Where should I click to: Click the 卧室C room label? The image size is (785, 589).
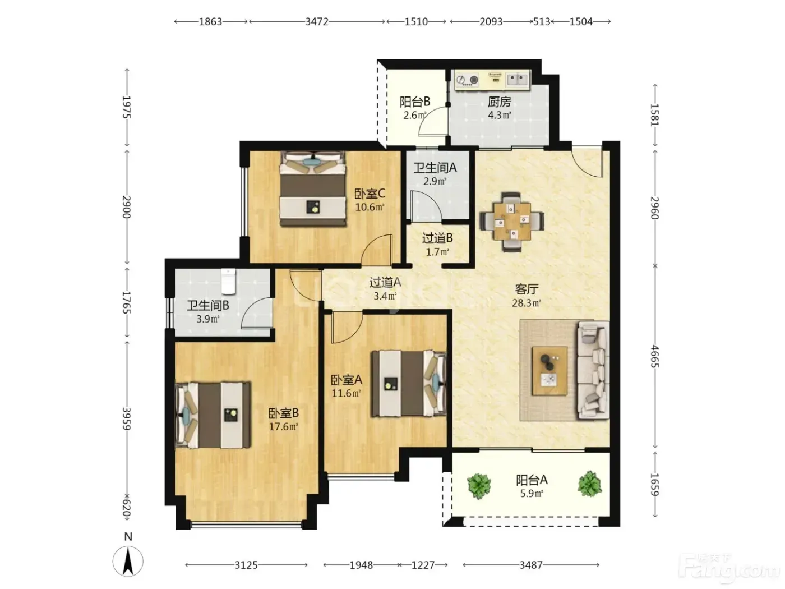tap(369, 194)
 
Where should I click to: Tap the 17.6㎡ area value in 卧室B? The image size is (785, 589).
tap(283, 427)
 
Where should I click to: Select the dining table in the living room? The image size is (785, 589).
tap(512, 222)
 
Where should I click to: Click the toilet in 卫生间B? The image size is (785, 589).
tap(229, 281)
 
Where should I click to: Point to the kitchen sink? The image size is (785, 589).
tap(517, 79)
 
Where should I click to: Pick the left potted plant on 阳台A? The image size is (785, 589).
tap(479, 486)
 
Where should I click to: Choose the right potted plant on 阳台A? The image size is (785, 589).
tap(590, 484)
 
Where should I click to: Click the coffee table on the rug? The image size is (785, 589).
tap(549, 371)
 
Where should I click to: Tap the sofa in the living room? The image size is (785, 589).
tap(593, 370)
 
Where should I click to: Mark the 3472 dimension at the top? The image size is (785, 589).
tap(316, 22)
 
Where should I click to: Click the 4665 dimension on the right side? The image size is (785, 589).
tap(654, 357)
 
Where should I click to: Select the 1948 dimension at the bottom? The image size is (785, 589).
tap(361, 565)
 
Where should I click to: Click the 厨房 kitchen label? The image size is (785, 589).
tap(499, 102)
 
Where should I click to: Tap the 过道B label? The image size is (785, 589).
tap(437, 238)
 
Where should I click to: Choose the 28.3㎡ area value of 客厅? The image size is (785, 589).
tap(527, 303)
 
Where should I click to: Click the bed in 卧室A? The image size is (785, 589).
tap(409, 384)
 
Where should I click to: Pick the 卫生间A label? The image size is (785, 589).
tap(435, 168)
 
